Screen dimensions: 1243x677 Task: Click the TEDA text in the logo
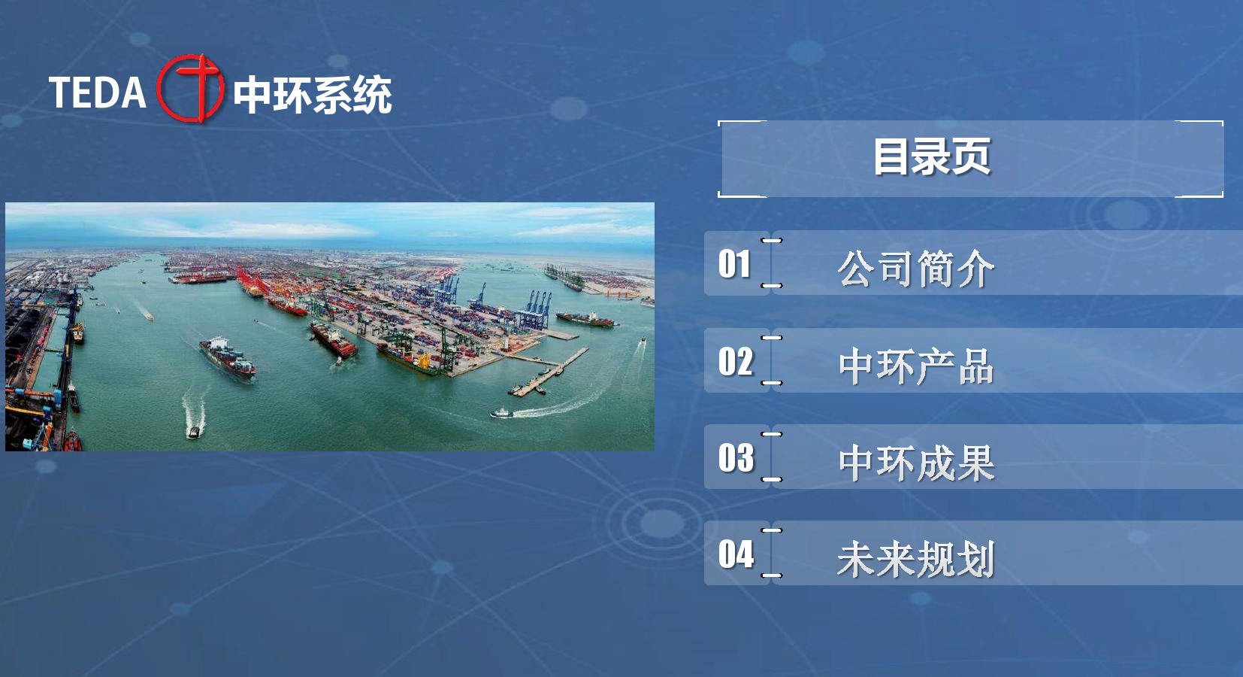98,93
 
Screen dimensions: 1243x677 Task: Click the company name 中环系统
313,96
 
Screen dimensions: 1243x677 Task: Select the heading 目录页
932,157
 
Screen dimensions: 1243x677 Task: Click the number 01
735,263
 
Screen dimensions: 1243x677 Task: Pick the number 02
736,361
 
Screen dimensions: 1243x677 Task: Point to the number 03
736,457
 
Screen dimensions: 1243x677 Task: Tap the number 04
736,554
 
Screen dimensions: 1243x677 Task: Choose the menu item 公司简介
916,269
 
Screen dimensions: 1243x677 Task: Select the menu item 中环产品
916,366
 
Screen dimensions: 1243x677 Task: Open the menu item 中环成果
916,463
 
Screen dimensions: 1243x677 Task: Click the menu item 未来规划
916,559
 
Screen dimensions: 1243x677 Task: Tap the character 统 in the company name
372,96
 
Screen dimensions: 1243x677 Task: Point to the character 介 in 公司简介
975,269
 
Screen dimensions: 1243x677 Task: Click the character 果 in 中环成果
976,463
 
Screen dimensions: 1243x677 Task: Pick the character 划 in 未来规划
976,559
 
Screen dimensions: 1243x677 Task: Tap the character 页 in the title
972,157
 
